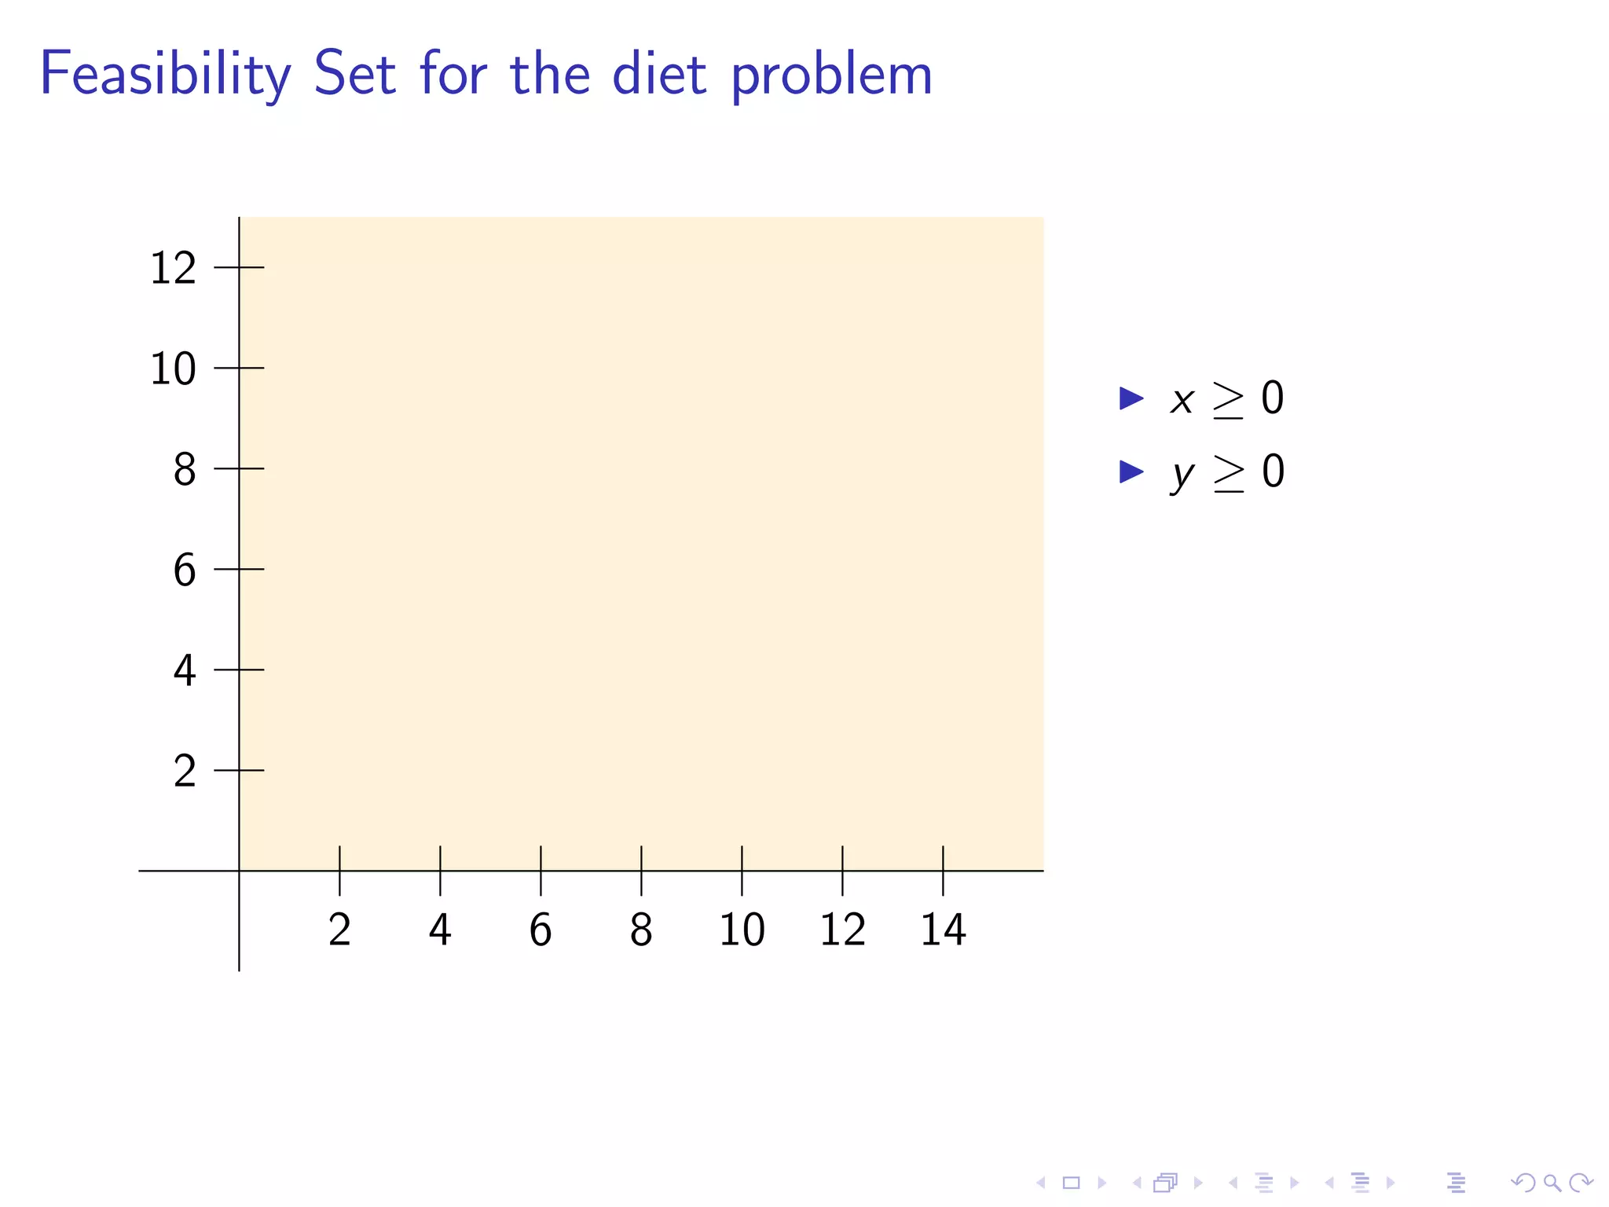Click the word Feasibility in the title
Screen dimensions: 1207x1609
(165, 75)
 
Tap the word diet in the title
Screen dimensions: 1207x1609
(659, 75)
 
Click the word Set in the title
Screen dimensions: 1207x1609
(354, 75)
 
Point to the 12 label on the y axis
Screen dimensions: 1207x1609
(173, 269)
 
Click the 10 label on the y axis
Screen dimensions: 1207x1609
(173, 369)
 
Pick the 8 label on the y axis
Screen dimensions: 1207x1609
(185, 470)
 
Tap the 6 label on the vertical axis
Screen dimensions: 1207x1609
(185, 570)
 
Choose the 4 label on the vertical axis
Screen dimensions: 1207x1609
(185, 671)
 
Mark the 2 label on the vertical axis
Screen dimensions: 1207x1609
(185, 772)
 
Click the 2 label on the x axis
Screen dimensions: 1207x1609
(339, 930)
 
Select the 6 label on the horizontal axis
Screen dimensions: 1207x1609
(541, 930)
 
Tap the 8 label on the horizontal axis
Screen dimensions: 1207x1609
(641, 930)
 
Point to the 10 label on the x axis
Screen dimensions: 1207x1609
(742, 930)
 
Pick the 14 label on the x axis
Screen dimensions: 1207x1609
(943, 930)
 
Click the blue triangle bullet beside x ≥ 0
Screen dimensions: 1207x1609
(1131, 398)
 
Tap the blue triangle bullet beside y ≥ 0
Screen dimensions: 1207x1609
(1131, 471)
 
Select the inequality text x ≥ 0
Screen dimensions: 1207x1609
(1226, 398)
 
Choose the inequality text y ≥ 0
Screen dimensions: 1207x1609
(1227, 473)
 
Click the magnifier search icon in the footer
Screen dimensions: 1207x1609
(1552, 1183)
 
